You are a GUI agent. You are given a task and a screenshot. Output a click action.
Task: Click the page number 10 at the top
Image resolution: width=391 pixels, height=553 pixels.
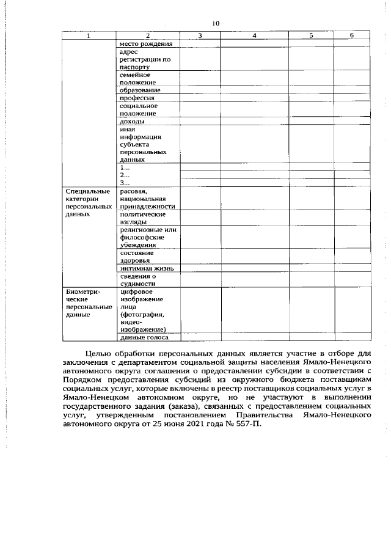coord(215,23)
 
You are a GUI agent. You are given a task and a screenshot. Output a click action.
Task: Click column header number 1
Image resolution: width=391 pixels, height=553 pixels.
coord(88,35)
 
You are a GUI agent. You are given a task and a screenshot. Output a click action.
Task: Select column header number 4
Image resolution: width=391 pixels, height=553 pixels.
coord(254,35)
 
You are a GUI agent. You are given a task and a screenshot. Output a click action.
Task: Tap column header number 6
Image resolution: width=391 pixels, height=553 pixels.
coord(352,35)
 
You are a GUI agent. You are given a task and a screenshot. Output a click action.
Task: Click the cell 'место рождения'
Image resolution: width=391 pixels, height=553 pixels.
coord(145,44)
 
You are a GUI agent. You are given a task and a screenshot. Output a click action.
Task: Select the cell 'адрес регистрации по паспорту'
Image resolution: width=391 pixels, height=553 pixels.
coord(145,60)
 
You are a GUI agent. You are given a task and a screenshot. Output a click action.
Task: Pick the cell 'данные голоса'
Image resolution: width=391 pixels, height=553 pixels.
coord(145,337)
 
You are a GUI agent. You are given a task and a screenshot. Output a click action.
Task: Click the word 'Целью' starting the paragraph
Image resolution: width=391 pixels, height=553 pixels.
coord(97,353)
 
